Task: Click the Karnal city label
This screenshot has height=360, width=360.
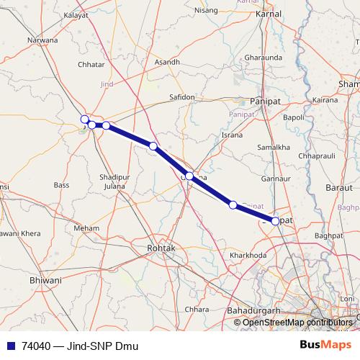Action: pos(268,14)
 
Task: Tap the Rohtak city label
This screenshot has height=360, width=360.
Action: pos(161,248)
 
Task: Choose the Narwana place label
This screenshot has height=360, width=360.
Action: pos(42,40)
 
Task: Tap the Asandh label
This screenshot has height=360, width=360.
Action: pos(167,62)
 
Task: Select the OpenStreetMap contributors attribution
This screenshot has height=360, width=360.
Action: pos(298,322)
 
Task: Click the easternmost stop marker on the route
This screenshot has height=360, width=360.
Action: pos(275,221)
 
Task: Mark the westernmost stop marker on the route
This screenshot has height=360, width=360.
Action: pos(84,120)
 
